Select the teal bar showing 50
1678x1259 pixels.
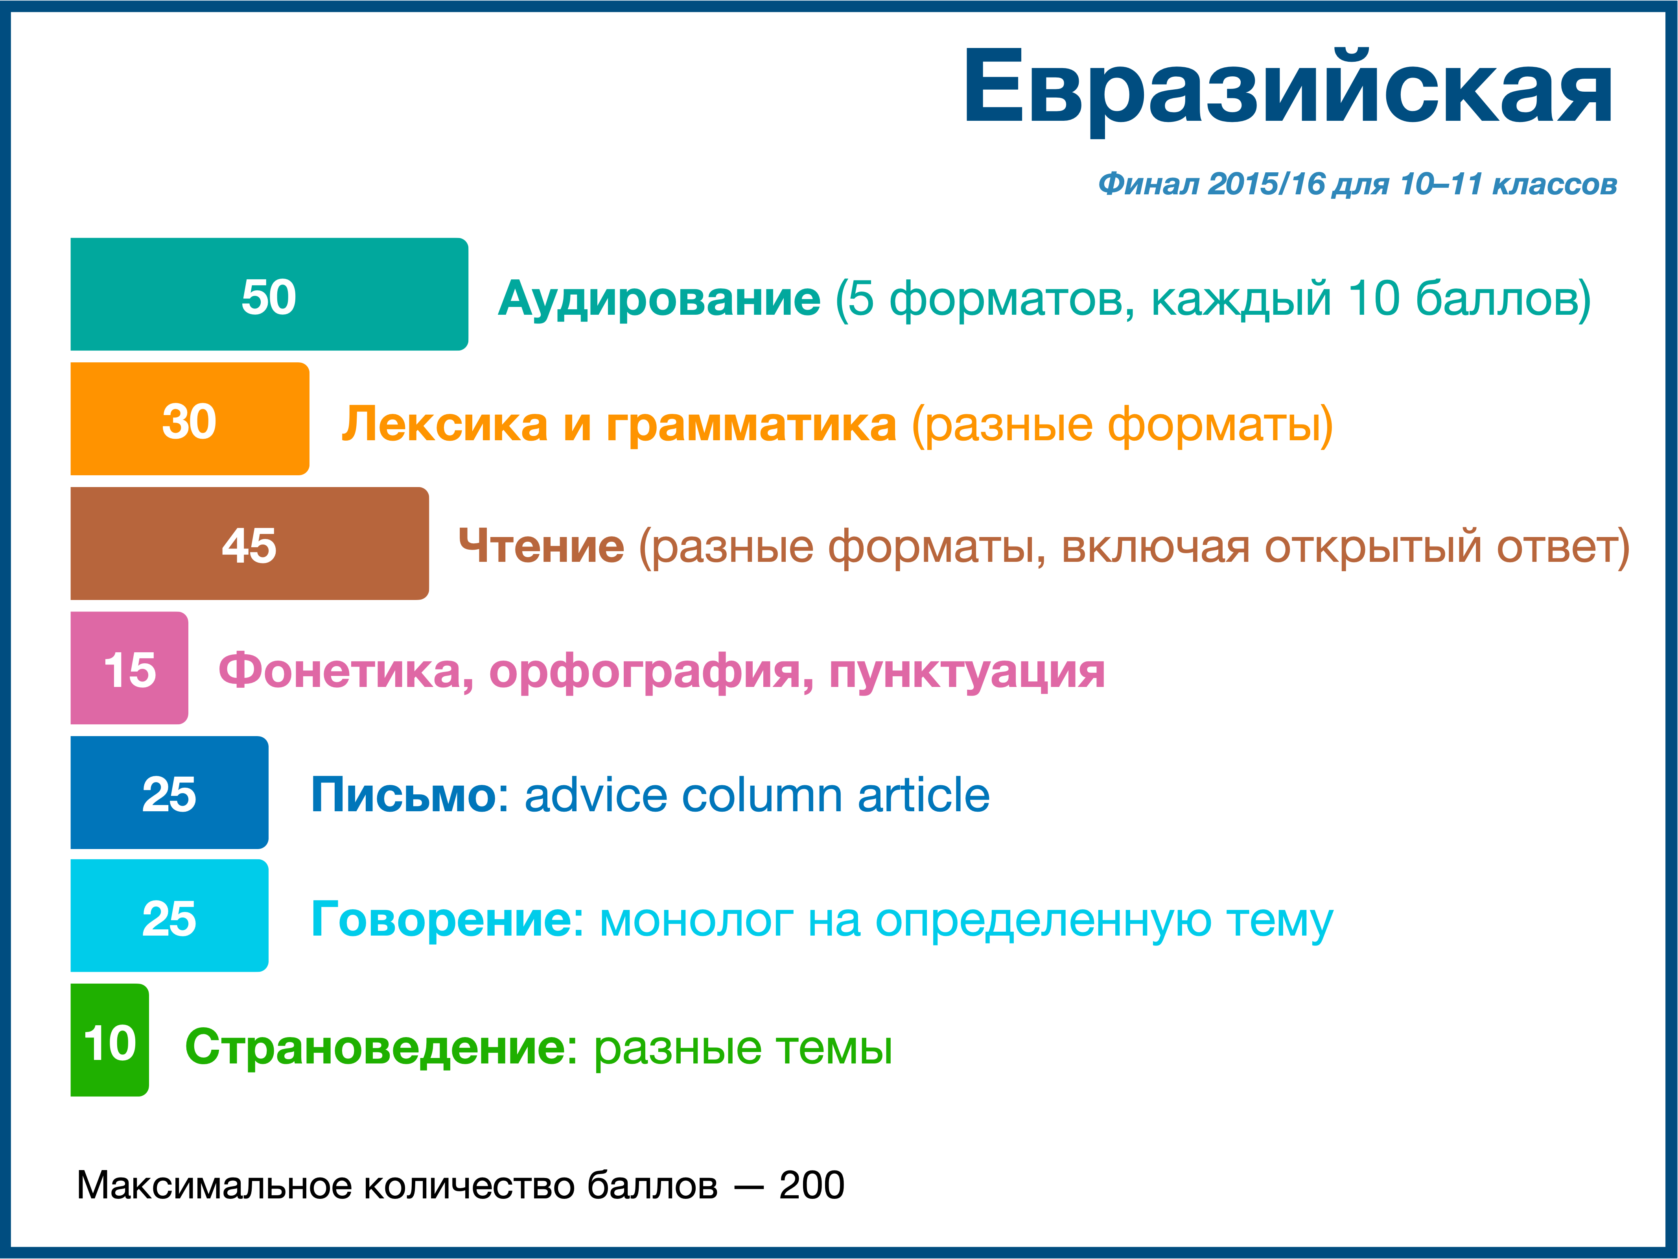pyautogui.click(x=269, y=294)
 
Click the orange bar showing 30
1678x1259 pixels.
pyautogui.click(x=190, y=419)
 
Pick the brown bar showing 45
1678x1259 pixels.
pyautogui.click(x=250, y=543)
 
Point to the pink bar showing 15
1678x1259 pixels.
pyautogui.click(x=129, y=668)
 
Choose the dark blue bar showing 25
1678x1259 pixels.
pyautogui.click(x=169, y=792)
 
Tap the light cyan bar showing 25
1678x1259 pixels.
pyautogui.click(x=169, y=916)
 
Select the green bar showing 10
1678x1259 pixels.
pyautogui.click(x=109, y=1040)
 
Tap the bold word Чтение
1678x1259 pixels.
pyautogui.click(x=542, y=546)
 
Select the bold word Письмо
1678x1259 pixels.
pyautogui.click(x=403, y=795)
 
